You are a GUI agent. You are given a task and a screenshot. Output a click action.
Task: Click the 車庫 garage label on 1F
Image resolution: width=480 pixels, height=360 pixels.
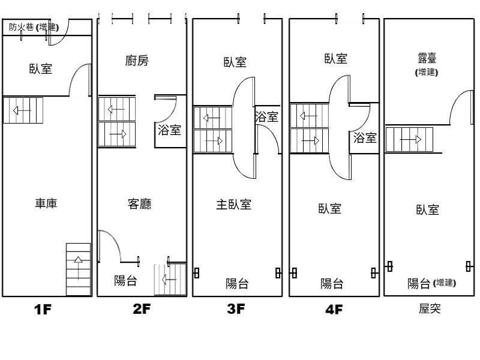coord(46,204)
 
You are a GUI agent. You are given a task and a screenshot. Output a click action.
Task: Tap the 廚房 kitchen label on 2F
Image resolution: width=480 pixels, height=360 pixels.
coord(137,61)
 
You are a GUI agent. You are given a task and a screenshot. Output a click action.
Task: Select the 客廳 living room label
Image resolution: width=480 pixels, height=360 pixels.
coord(139,204)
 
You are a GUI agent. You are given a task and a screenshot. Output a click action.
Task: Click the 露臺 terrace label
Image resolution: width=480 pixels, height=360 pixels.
coord(427,58)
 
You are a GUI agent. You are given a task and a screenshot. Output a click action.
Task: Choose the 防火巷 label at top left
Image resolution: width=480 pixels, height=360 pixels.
coord(22,26)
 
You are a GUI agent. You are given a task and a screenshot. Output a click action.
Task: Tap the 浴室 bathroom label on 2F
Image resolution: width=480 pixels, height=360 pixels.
coord(169,130)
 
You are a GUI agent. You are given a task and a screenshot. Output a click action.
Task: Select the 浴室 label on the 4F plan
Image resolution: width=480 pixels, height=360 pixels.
coord(364,138)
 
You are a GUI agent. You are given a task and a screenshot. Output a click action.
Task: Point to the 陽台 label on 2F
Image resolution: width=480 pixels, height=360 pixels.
coord(125,281)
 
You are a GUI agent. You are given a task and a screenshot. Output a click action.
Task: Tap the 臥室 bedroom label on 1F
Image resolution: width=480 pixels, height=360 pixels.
coord(41,68)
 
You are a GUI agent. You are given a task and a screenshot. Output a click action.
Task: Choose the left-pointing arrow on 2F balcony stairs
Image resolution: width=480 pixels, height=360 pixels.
coord(170,279)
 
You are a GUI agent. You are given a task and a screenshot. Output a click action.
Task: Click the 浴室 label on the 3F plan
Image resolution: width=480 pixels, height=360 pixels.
coord(267,118)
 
